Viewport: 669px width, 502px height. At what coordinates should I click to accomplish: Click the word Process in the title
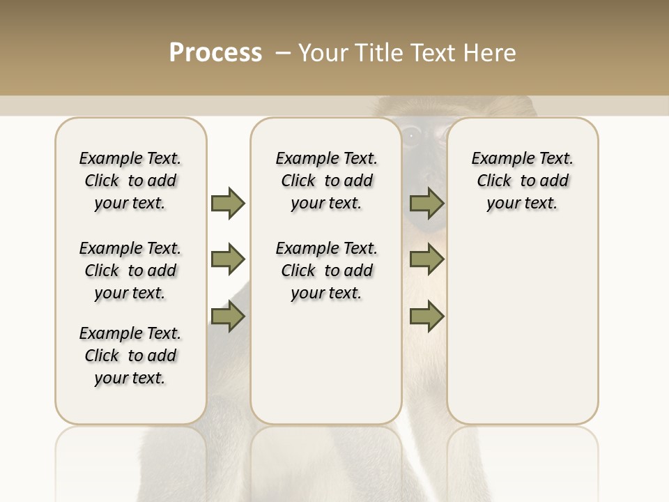(x=215, y=52)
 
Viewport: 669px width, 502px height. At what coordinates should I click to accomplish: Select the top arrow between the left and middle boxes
(x=228, y=203)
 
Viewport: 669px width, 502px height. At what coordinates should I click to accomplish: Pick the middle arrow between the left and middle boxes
(x=228, y=259)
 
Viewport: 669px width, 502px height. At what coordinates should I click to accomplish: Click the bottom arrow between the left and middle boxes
(x=228, y=317)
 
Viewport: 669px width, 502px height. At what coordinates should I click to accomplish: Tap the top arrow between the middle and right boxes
(x=426, y=203)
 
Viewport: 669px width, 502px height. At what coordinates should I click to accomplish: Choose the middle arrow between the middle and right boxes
(x=426, y=259)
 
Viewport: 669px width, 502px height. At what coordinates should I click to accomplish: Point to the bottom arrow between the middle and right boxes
(x=426, y=317)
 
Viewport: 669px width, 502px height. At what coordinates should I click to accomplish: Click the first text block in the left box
(x=130, y=181)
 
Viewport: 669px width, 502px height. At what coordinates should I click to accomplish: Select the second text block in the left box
(x=130, y=271)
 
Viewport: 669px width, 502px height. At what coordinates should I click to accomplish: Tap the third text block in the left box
(x=130, y=356)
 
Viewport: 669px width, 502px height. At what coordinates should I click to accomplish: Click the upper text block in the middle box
(x=326, y=181)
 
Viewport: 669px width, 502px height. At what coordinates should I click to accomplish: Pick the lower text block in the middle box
(x=326, y=271)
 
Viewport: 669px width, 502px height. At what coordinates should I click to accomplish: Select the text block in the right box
(x=522, y=181)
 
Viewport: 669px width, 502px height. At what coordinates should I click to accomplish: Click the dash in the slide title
(x=282, y=53)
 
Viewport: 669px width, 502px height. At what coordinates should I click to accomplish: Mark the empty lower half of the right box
(x=522, y=342)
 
